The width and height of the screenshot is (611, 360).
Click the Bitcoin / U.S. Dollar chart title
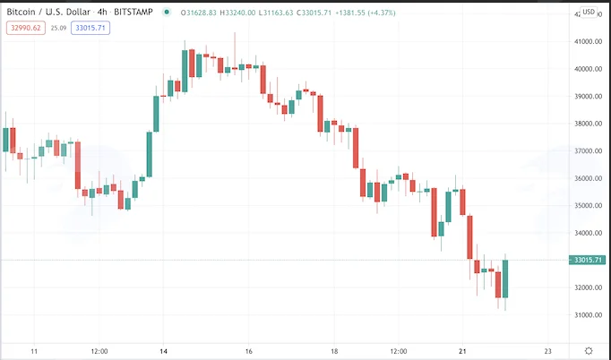[x=80, y=12]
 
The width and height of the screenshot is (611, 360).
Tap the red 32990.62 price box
[x=26, y=28]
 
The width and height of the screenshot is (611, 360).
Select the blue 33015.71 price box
[x=90, y=28]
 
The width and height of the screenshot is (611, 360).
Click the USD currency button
[x=589, y=12]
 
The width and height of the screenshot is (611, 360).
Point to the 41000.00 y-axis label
[x=588, y=42]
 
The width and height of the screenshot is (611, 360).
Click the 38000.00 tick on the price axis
[x=588, y=124]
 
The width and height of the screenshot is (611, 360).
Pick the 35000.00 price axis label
[x=588, y=205]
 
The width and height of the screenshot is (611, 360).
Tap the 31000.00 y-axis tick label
[x=588, y=315]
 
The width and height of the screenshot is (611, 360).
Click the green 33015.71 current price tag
[x=588, y=260]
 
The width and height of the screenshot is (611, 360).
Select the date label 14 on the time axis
[x=164, y=351]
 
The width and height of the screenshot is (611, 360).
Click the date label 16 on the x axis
[x=249, y=351]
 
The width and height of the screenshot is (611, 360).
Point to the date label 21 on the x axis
[x=463, y=351]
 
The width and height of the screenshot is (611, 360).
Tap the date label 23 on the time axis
[x=548, y=351]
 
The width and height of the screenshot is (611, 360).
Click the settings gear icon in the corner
[x=589, y=351]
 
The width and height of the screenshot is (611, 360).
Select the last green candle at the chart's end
[x=505, y=279]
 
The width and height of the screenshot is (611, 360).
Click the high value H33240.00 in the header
[x=237, y=13]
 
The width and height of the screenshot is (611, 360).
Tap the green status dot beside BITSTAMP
[x=167, y=13]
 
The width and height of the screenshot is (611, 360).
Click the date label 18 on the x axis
[x=334, y=351]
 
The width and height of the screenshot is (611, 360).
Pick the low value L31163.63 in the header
[x=276, y=13]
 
